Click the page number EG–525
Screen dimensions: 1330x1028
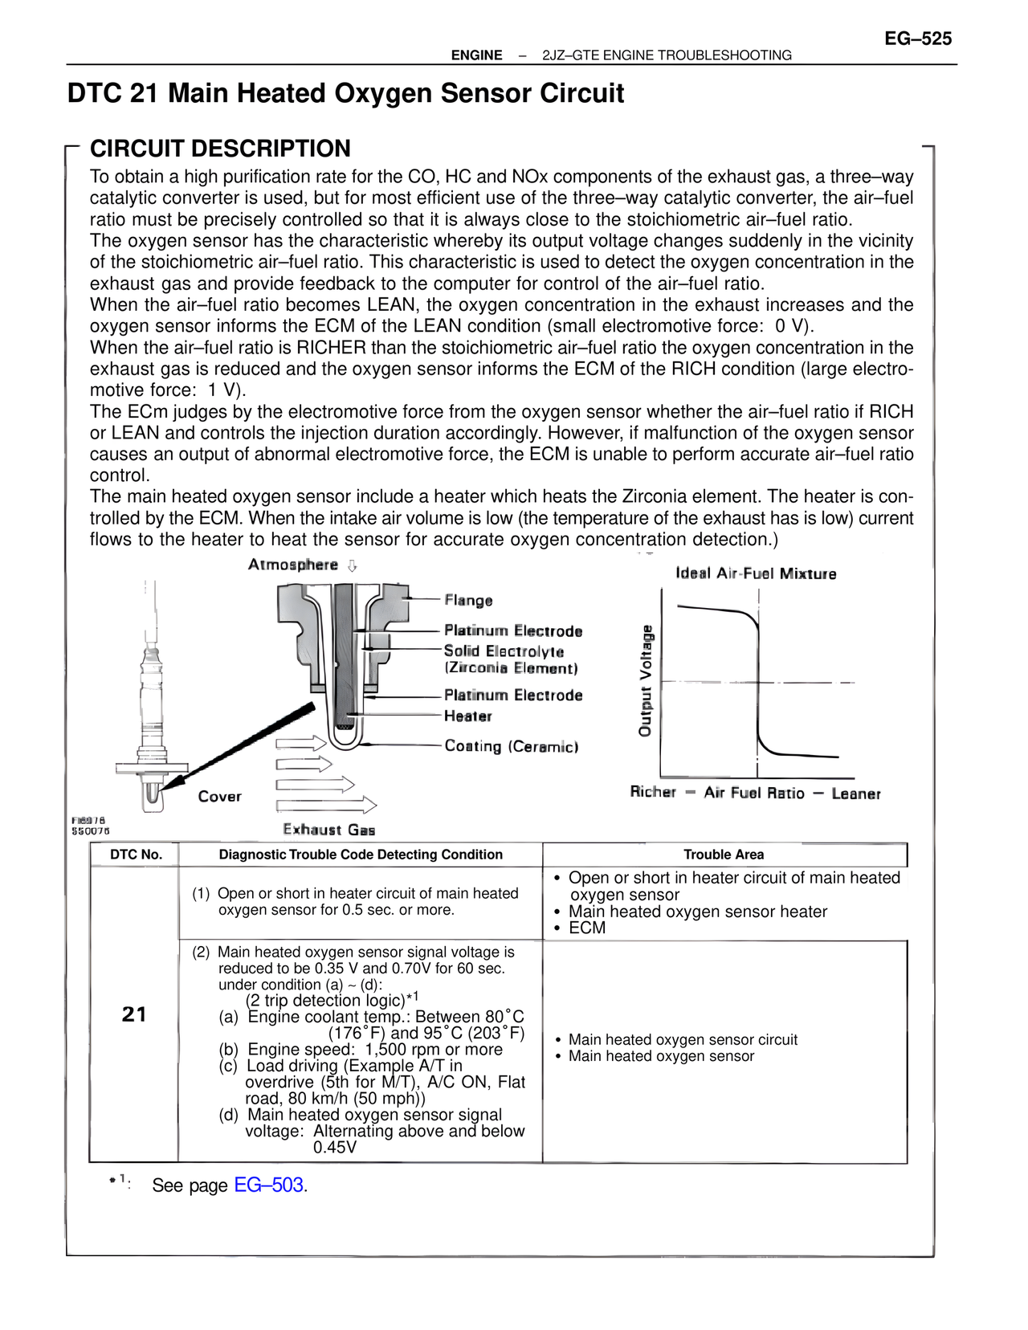[917, 39]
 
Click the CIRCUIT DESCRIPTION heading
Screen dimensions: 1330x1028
[220, 149]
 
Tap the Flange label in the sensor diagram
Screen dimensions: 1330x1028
[468, 600]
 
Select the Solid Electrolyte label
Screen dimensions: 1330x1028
[504, 651]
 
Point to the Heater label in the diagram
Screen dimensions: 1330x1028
[467, 716]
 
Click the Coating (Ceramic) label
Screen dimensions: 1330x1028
[511, 746]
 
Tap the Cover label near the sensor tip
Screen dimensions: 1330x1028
[219, 796]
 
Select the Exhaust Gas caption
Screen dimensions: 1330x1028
[328, 830]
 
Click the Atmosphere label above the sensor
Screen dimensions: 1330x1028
[293, 565]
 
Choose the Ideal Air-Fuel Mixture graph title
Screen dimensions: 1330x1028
[755, 573]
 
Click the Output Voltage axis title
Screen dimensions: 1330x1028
[645, 680]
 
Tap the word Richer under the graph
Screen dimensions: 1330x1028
[653, 792]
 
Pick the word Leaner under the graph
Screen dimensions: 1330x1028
[855, 794]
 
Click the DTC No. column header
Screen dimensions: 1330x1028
[136, 855]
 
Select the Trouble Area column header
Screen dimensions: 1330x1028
[724, 855]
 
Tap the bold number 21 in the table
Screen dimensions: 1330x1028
[134, 1014]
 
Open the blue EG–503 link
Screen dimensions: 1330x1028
[268, 1185]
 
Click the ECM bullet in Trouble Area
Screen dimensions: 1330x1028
[587, 928]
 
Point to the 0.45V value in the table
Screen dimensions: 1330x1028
[335, 1147]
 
